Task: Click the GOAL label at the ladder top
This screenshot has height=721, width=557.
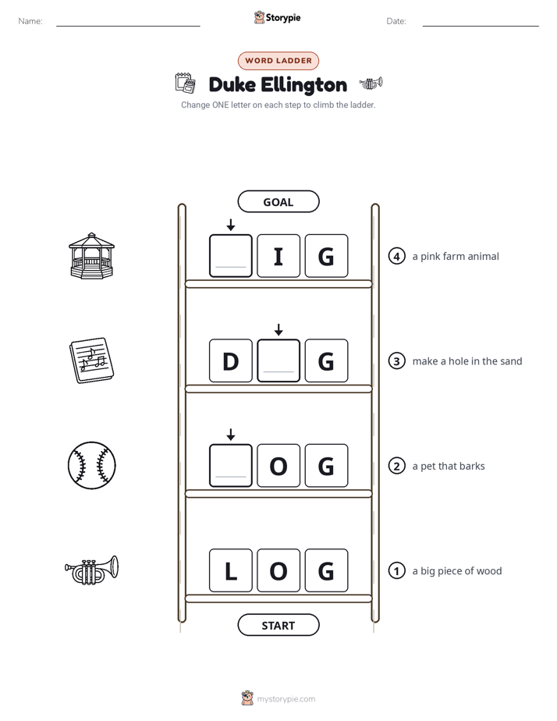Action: click(278, 201)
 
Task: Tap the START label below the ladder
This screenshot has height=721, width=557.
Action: click(278, 625)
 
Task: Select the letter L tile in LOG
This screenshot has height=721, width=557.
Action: click(231, 570)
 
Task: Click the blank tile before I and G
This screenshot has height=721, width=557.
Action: click(231, 256)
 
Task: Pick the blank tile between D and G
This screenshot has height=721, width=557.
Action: click(278, 360)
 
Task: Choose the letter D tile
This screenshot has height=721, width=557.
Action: click(231, 360)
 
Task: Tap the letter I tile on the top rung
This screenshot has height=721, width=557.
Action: click(278, 256)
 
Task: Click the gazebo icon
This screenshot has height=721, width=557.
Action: click(91, 256)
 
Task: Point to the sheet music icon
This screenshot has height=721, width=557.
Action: click(91, 360)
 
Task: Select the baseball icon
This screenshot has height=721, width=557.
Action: click(91, 465)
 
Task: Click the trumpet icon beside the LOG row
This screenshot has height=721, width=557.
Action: click(91, 570)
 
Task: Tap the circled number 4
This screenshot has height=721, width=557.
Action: click(396, 256)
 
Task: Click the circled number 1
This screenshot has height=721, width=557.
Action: click(396, 570)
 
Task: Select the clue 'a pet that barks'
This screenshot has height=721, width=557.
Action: click(449, 467)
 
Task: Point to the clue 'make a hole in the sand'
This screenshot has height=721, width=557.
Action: click(467, 361)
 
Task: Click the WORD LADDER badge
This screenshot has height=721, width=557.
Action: click(278, 61)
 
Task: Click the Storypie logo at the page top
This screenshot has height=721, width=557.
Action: click(277, 17)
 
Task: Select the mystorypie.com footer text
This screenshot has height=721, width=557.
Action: click(286, 699)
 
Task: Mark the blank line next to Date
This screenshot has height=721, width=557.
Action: click(481, 27)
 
